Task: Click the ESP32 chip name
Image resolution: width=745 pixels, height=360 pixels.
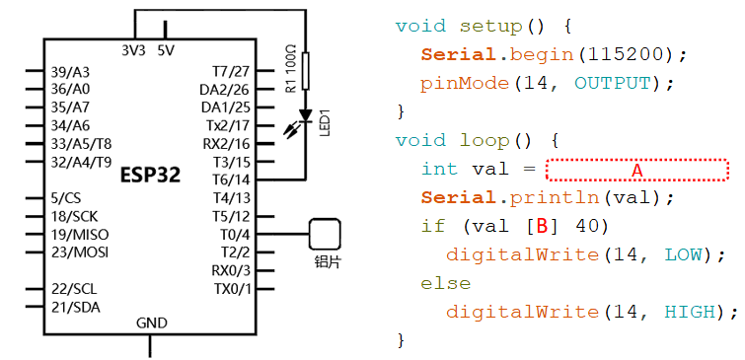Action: click(x=151, y=176)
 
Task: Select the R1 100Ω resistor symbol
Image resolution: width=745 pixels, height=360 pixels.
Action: click(x=305, y=71)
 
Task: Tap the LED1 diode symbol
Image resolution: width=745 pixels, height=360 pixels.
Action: click(x=305, y=115)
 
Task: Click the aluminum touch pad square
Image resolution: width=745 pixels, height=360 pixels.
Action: click(x=325, y=234)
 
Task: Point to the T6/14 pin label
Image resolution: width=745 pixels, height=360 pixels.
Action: click(x=231, y=180)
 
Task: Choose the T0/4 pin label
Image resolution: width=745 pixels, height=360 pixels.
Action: click(x=234, y=234)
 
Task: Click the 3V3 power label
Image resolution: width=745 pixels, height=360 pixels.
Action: click(x=133, y=50)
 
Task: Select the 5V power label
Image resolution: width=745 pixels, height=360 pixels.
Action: click(x=166, y=50)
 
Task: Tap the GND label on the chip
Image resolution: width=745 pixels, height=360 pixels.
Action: click(x=152, y=324)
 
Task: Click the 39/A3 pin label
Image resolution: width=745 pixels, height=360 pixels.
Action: click(x=70, y=72)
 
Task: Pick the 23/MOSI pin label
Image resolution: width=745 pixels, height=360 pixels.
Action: click(x=80, y=252)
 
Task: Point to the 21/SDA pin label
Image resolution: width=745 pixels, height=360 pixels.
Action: click(x=76, y=308)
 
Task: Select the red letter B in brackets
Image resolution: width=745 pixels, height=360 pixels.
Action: click(x=542, y=227)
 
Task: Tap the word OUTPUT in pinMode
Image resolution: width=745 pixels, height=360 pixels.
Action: click(x=612, y=84)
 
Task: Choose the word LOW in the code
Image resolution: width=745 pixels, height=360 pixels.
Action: click(x=683, y=255)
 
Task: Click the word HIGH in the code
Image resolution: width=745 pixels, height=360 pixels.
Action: click(x=690, y=312)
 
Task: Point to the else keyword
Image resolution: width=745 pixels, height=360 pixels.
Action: click(x=446, y=283)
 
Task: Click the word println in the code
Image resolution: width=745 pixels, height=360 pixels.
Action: click(x=555, y=198)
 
